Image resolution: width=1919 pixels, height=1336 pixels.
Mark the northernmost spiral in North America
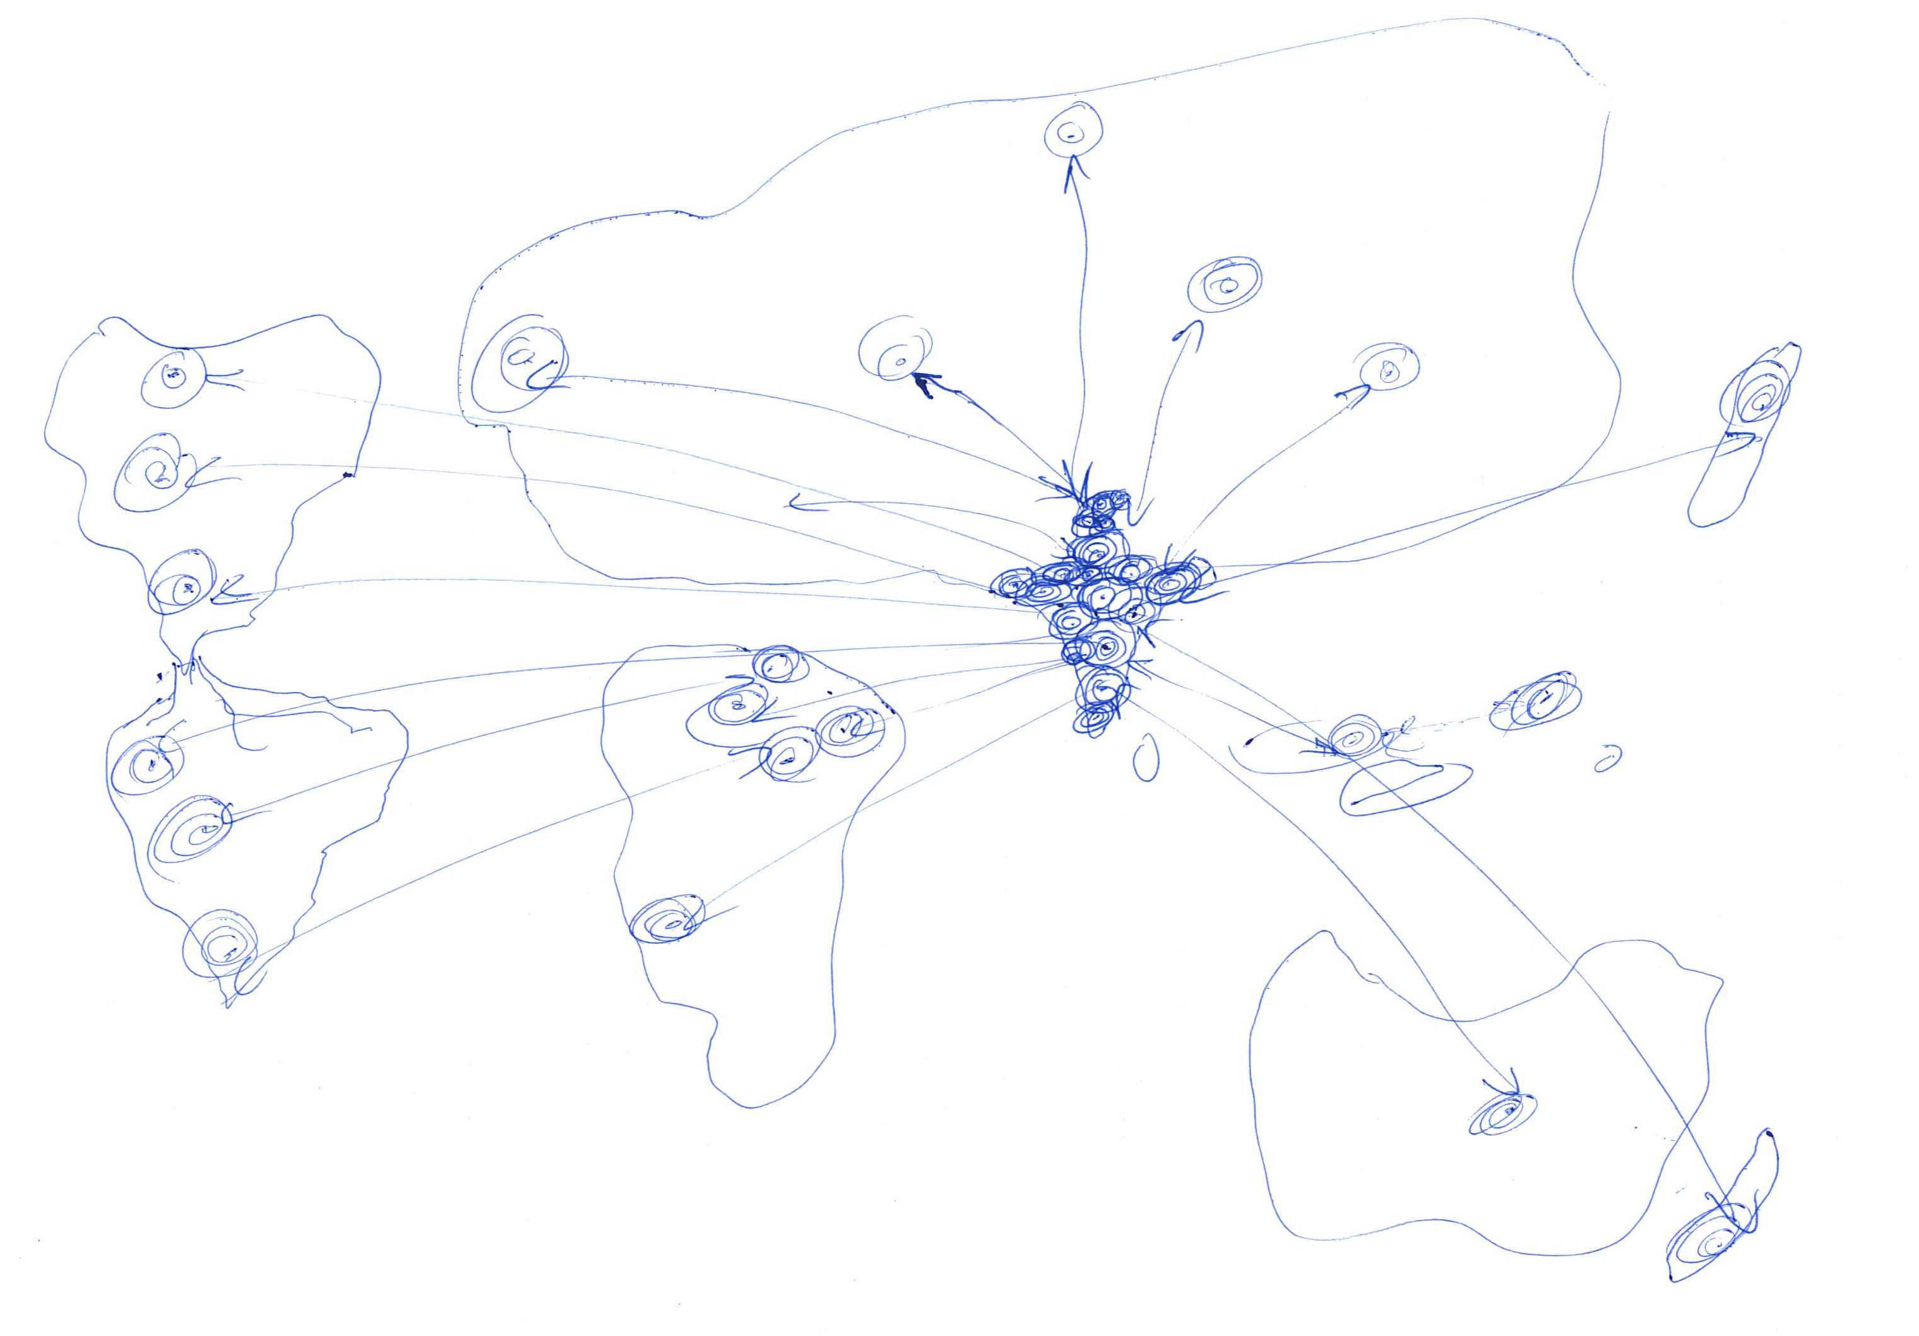(x=174, y=377)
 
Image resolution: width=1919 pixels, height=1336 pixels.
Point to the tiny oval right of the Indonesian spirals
(x=1607, y=759)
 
